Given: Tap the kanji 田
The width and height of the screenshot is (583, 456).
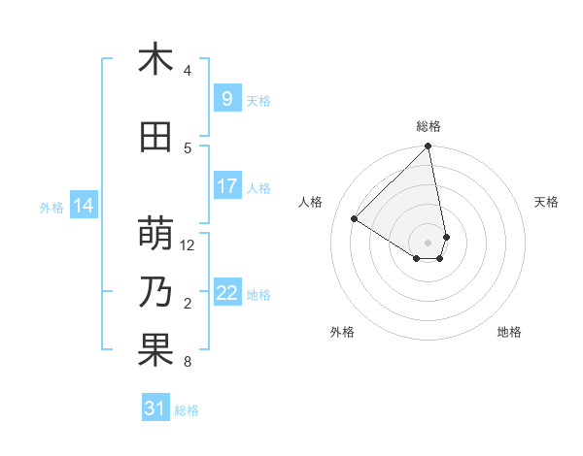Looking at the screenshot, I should (x=155, y=138).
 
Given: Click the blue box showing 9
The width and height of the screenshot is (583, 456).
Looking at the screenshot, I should (x=226, y=99).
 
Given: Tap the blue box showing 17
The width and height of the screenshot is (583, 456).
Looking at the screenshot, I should (x=226, y=186).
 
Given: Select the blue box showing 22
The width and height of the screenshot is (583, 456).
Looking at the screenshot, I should (x=226, y=293).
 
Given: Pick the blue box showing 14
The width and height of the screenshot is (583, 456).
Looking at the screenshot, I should (x=83, y=206).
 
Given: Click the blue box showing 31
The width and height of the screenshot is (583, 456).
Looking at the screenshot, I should (x=155, y=408).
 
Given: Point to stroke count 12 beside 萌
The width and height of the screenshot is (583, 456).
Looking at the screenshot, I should (x=189, y=245).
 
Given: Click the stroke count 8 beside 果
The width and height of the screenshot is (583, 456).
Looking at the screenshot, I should (x=188, y=362).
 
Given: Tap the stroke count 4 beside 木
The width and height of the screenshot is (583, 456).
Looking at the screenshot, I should (x=188, y=71).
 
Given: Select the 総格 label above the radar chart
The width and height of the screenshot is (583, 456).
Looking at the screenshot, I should (x=429, y=126).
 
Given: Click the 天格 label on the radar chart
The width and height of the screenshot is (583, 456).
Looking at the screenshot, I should (x=546, y=202).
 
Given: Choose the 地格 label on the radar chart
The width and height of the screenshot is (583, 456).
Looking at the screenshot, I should (x=509, y=332).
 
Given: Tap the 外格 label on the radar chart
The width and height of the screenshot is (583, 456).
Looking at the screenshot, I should (x=342, y=332).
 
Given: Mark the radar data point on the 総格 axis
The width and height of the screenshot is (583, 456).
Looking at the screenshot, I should (x=429, y=147).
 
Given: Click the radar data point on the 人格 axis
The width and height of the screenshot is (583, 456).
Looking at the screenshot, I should (x=355, y=219).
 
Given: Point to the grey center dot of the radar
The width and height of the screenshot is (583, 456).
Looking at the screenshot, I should (x=429, y=243).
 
